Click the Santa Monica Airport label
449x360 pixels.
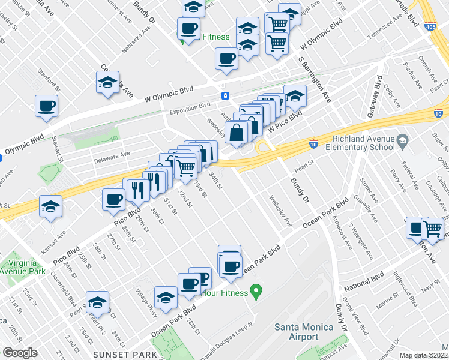(x=296, y=332)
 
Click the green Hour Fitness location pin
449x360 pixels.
(x=256, y=293)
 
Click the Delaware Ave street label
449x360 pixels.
(x=112, y=154)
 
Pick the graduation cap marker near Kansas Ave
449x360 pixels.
(x=51, y=206)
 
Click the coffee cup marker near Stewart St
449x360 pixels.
(x=46, y=106)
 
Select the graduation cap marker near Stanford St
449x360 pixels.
(x=107, y=83)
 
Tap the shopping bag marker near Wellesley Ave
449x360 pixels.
(x=237, y=133)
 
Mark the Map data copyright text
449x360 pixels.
(x=423, y=355)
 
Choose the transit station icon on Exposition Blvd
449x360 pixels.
(x=225, y=95)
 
